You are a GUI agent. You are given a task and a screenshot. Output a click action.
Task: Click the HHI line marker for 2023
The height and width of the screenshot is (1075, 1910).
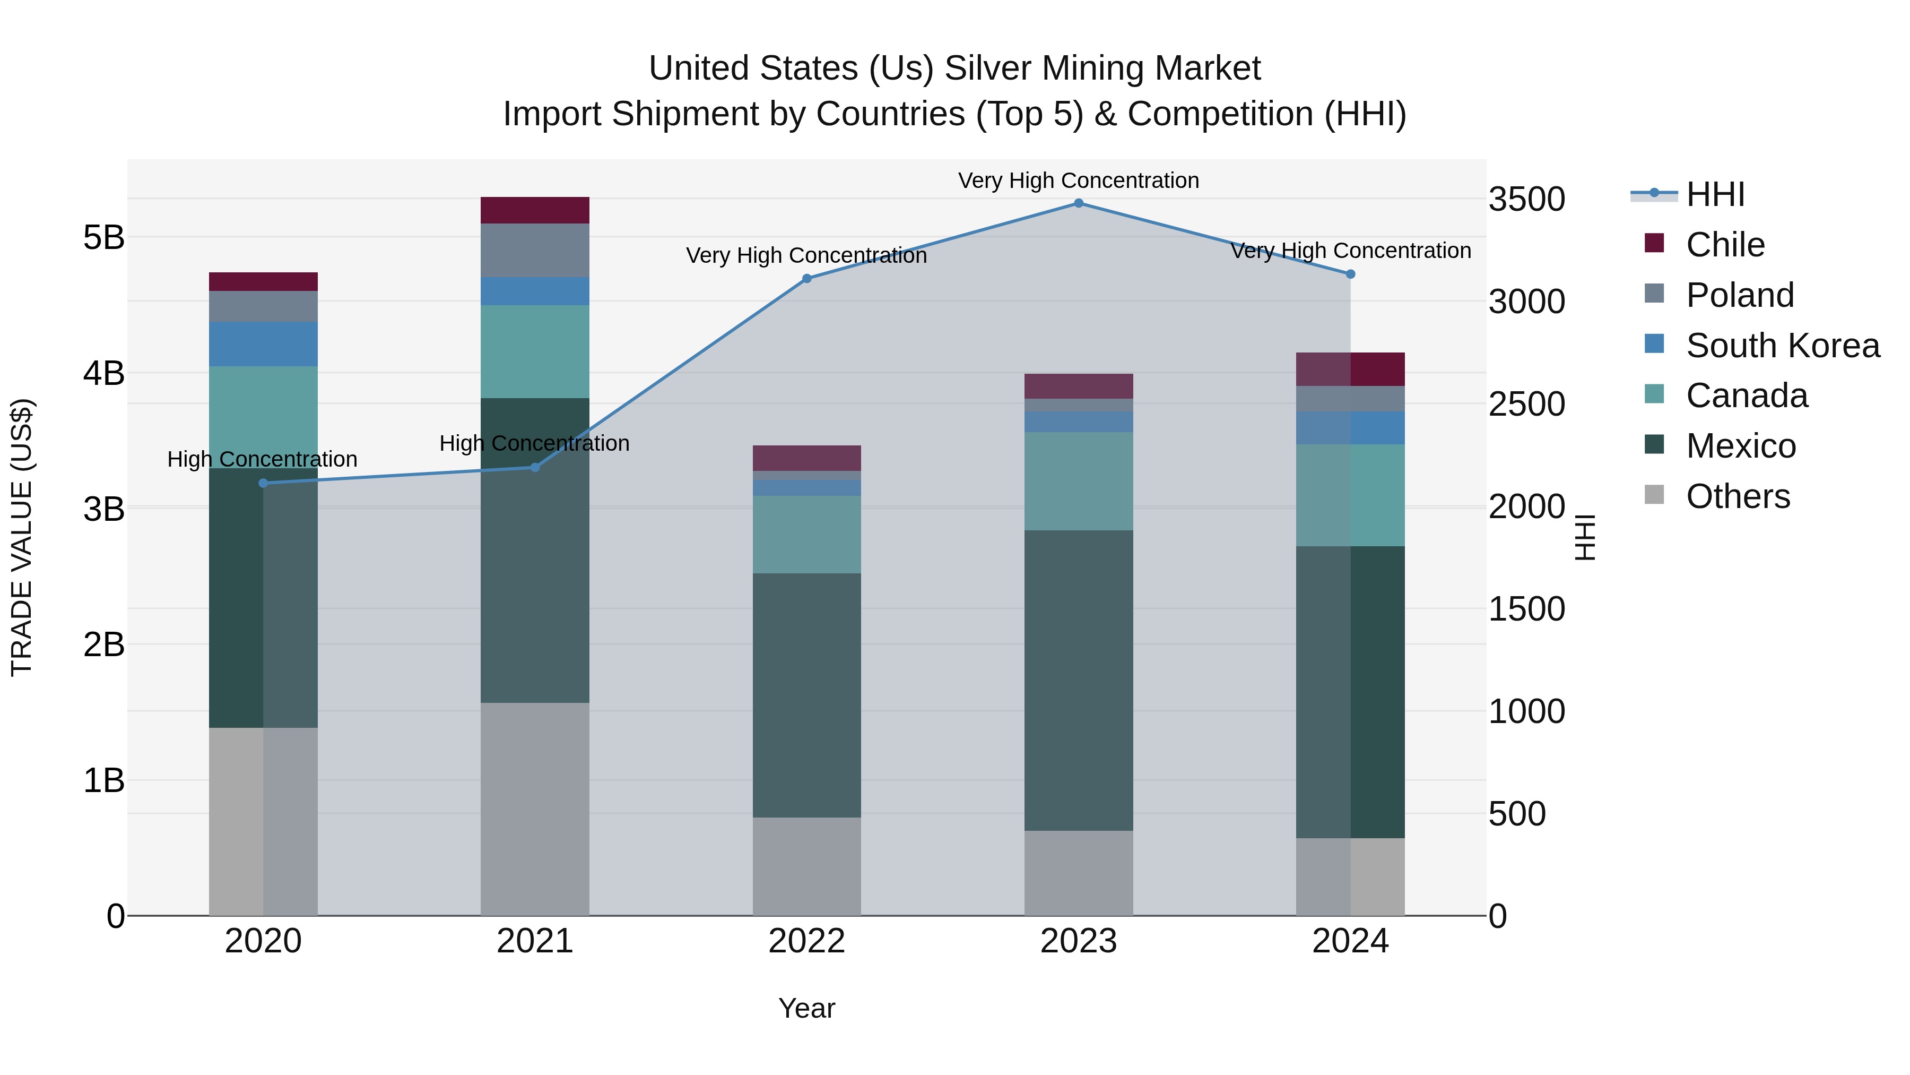pyautogui.click(x=1078, y=203)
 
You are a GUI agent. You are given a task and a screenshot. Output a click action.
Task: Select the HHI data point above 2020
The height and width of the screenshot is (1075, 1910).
pyautogui.click(x=263, y=483)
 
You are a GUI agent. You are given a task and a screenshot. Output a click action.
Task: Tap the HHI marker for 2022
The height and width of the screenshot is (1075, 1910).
pyautogui.click(x=806, y=279)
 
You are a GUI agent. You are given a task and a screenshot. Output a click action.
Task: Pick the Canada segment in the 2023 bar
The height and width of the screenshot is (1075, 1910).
pyautogui.click(x=1078, y=481)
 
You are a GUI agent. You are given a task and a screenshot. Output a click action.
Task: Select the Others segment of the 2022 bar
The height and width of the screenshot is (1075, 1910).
pyautogui.click(x=806, y=866)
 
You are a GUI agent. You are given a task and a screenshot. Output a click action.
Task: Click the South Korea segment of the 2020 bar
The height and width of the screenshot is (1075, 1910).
pyautogui.click(x=263, y=343)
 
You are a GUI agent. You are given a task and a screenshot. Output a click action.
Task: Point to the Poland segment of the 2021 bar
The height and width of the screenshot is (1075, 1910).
pyautogui.click(x=535, y=250)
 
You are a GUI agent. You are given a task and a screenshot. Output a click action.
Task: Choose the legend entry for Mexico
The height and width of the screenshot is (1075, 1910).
pyautogui.click(x=1740, y=446)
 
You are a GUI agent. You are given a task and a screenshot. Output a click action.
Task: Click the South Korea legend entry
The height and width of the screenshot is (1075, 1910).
pyautogui.click(x=1781, y=346)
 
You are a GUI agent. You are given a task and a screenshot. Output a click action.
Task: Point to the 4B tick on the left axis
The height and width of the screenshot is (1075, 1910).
pyautogui.click(x=104, y=373)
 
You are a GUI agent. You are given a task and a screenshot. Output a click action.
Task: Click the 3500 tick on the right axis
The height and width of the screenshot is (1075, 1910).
pyautogui.click(x=1526, y=200)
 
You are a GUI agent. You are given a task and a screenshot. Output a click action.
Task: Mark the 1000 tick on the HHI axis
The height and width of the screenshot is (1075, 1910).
pyautogui.click(x=1526, y=711)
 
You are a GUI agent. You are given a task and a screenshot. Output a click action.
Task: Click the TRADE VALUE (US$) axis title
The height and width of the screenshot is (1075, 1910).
pyautogui.click(x=22, y=537)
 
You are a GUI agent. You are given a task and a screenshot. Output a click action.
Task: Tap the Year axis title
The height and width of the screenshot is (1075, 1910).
pyautogui.click(x=806, y=1008)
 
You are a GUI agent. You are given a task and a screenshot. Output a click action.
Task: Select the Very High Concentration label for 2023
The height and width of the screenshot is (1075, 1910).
pyautogui.click(x=1078, y=181)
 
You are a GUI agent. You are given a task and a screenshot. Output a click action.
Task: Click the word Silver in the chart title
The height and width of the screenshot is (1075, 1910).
pyautogui.click(x=987, y=69)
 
